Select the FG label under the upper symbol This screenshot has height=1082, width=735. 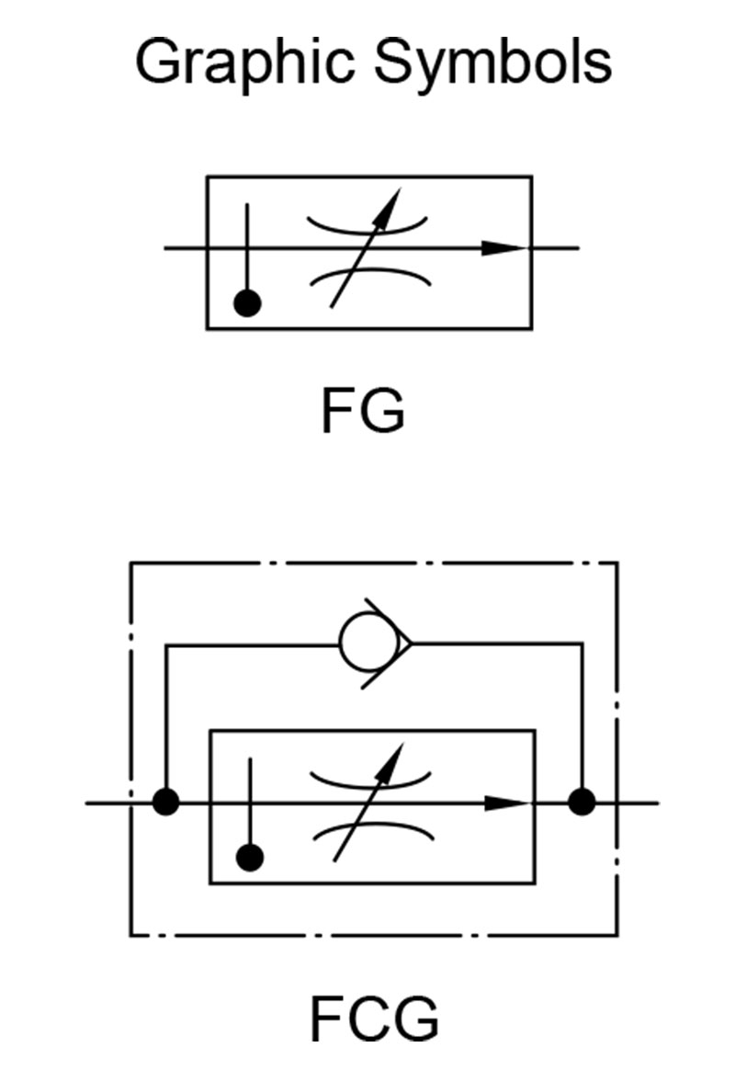pos(363,411)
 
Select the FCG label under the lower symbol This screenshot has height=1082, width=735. pos(375,1019)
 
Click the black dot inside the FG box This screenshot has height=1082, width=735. pos(247,303)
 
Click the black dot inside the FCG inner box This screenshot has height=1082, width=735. pos(250,858)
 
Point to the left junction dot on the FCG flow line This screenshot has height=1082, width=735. pos(165,803)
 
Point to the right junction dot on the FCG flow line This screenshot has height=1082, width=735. pos(582,803)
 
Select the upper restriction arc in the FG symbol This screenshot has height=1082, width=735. pos(367,228)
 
